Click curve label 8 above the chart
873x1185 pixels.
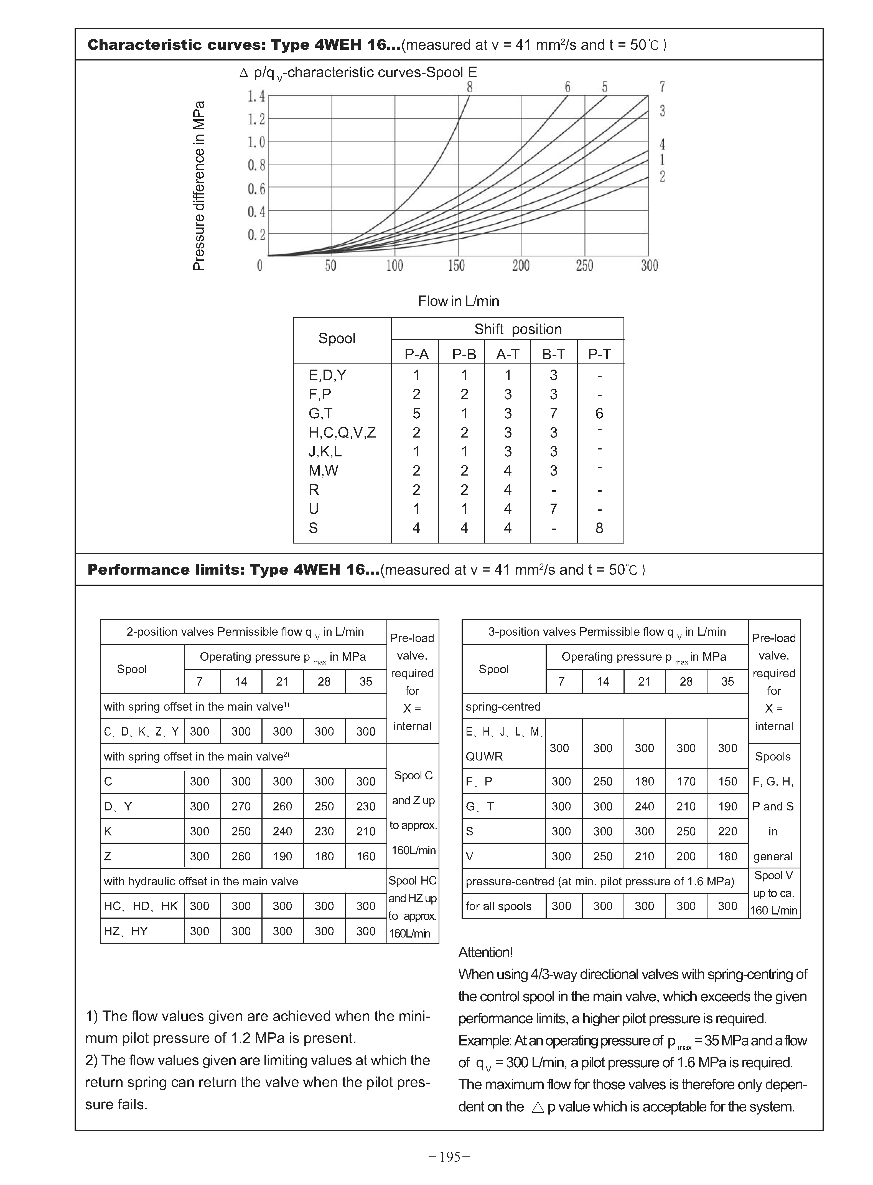click(469, 87)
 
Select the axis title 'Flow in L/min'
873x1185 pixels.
click(458, 301)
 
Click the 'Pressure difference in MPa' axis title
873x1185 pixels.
click(199, 186)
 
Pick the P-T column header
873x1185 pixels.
click(600, 354)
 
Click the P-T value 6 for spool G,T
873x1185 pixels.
click(599, 413)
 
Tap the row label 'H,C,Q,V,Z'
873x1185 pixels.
click(342, 433)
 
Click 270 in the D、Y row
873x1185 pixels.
click(241, 806)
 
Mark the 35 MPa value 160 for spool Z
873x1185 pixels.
click(366, 856)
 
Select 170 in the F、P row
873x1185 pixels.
click(686, 782)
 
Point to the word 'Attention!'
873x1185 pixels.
click(485, 952)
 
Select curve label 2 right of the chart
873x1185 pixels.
click(662, 177)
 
